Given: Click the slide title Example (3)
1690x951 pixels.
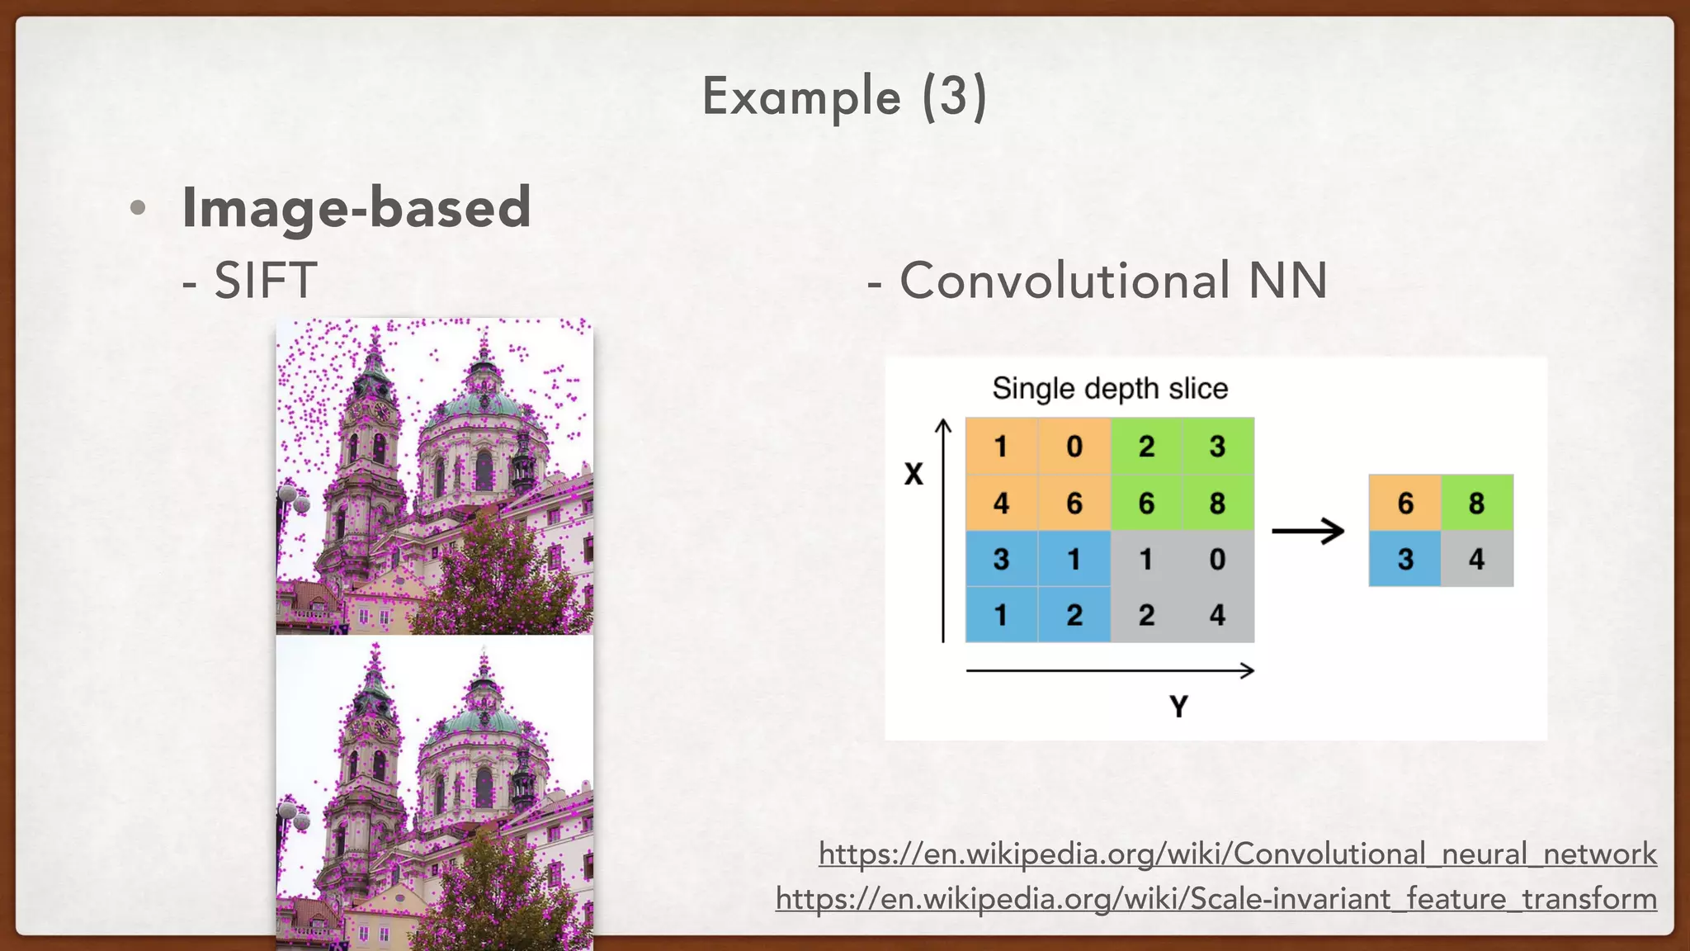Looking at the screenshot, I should [x=844, y=97].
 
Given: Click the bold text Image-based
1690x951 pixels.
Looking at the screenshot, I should [x=356, y=207].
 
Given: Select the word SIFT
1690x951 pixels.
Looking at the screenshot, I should [x=266, y=280].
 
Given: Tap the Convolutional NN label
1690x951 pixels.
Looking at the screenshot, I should [x=1112, y=280].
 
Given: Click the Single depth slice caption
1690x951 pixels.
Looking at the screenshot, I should [x=1109, y=388].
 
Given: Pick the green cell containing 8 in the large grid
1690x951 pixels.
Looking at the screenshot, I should [x=1218, y=503].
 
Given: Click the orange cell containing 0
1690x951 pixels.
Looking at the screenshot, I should [x=1074, y=447].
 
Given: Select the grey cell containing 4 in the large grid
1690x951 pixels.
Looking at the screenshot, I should [x=1218, y=615].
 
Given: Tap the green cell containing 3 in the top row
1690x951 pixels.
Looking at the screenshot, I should [x=1218, y=447].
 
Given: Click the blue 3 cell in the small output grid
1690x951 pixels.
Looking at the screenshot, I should [x=1405, y=559].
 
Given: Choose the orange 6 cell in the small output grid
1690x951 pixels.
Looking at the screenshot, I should [x=1405, y=503].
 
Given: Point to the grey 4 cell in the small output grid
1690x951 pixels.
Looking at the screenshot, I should [x=1476, y=559].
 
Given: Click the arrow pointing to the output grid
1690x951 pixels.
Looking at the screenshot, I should [x=1308, y=531].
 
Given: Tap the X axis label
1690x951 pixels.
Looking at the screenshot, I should [x=913, y=475].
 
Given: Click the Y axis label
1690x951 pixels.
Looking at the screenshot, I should [x=1178, y=707].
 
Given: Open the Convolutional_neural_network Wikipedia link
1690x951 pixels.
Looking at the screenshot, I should [x=1237, y=854].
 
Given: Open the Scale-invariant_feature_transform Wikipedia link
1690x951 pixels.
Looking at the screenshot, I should [x=1216, y=898].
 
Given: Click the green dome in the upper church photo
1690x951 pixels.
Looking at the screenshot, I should [x=483, y=404].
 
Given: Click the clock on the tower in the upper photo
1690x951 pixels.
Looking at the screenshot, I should [x=380, y=410].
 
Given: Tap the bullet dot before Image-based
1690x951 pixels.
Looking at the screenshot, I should [x=138, y=208].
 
